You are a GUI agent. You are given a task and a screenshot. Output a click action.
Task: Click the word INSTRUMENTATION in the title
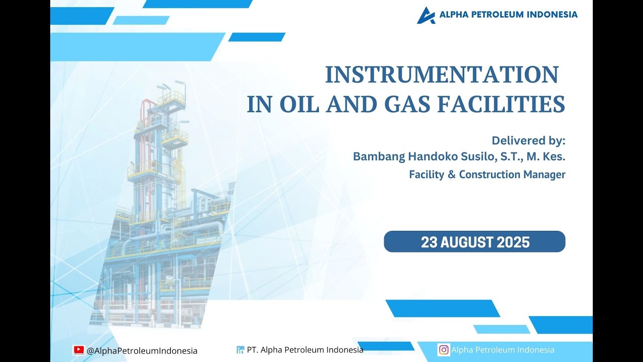(442, 75)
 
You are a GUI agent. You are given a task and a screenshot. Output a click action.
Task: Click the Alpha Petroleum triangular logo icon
(426, 15)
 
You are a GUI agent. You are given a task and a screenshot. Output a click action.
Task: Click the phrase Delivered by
(528, 140)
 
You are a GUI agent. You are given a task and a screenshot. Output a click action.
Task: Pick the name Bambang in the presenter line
(378, 156)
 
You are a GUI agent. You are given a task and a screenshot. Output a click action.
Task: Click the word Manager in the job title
(544, 174)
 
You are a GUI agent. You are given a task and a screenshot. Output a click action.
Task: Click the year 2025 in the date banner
(513, 242)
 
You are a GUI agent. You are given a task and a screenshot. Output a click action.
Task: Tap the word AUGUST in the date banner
(467, 242)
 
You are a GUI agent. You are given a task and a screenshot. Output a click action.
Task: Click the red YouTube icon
(78, 350)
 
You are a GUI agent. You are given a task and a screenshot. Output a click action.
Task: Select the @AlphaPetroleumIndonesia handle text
(142, 350)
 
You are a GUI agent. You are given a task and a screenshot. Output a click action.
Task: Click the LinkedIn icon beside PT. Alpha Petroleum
(240, 350)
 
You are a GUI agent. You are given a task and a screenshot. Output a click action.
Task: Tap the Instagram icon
(444, 350)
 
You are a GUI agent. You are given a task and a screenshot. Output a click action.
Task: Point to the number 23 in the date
(429, 242)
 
